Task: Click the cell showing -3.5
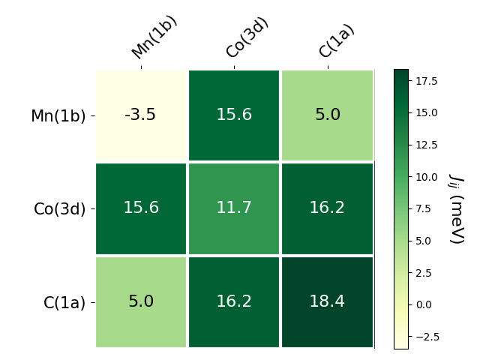coord(141,115)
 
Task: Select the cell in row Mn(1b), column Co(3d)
coord(234,115)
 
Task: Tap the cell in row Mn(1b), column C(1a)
coord(327,115)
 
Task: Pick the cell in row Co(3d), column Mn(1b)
coord(141,208)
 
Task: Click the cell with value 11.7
coord(234,208)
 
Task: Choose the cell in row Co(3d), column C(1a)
coord(327,208)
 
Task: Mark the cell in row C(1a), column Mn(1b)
coord(141,301)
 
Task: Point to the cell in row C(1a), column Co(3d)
coord(234,301)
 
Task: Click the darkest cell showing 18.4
coord(327,301)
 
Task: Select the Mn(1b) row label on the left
coord(58,116)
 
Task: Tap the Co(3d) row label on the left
coord(59,209)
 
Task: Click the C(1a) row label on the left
coord(64,302)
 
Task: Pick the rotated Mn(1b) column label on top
coord(154,38)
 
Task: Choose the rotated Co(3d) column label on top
coord(247,37)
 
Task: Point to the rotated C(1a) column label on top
coord(336,40)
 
